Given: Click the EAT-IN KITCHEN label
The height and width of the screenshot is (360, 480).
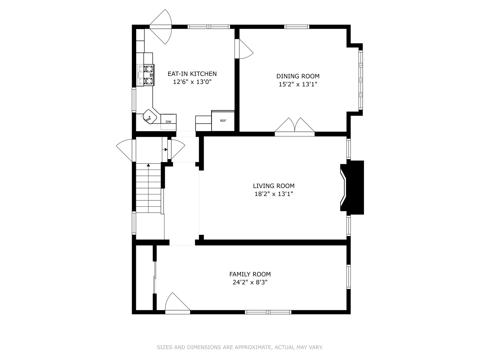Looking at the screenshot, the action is pos(192,74).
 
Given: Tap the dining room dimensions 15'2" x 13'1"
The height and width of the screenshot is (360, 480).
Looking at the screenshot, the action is pos(298,84).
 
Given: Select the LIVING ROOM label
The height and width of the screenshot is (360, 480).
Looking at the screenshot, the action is pos(274,186).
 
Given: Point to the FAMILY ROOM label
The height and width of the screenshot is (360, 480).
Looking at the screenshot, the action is pos(250,274).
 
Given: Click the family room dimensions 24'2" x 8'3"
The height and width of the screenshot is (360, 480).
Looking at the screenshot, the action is pos(250,282).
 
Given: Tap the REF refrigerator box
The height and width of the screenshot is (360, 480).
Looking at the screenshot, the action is pos(223,121).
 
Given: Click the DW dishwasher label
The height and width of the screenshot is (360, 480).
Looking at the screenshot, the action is pos(168,122).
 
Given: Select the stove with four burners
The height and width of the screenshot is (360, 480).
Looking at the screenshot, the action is pos(145,75).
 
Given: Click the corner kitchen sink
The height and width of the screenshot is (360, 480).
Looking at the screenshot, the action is pos(150,116).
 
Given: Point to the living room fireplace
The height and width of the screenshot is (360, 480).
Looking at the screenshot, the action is pos(352,187).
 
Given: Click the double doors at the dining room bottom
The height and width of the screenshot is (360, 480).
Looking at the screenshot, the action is pos(295,127).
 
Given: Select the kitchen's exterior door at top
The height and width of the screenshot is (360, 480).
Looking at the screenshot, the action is pos(161,27).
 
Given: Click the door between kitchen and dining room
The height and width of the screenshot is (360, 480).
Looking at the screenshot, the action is pos(244,49).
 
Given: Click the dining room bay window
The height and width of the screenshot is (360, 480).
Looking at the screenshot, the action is pos(361,80).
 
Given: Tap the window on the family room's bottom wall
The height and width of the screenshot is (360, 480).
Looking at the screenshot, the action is pos(268,312).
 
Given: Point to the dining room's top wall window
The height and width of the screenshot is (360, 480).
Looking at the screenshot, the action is pos(297,27).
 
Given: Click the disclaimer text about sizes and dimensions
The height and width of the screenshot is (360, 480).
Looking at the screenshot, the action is pos(240,347).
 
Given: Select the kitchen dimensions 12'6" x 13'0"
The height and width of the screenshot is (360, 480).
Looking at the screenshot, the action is pos(192,82).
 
